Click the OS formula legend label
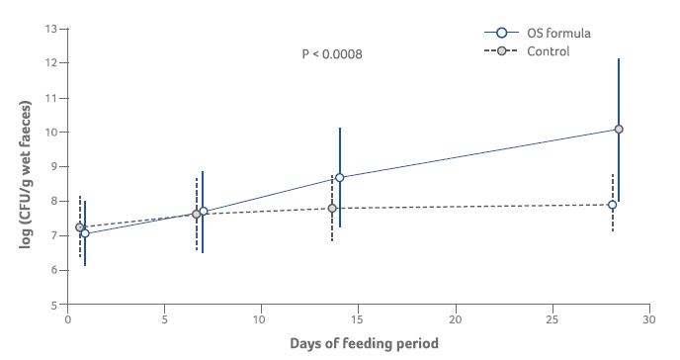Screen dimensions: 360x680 click(x=559, y=33)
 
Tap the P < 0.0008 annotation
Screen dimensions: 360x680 click(x=332, y=53)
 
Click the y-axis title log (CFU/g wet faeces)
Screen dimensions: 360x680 click(x=26, y=166)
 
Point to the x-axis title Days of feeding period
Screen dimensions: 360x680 click(x=363, y=343)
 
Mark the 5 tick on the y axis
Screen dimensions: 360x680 click(x=55, y=306)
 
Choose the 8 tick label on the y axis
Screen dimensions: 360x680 click(x=55, y=202)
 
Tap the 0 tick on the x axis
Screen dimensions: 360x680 click(x=67, y=319)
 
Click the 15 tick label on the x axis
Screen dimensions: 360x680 click(x=358, y=319)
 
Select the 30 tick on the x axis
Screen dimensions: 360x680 click(x=648, y=319)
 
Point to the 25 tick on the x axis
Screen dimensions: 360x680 click(x=552, y=319)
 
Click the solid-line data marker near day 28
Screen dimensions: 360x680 click(x=619, y=129)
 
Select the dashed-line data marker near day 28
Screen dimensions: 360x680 click(x=613, y=205)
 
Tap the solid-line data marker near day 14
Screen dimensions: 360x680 click(x=340, y=178)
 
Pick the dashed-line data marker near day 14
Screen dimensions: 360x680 click(x=332, y=208)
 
